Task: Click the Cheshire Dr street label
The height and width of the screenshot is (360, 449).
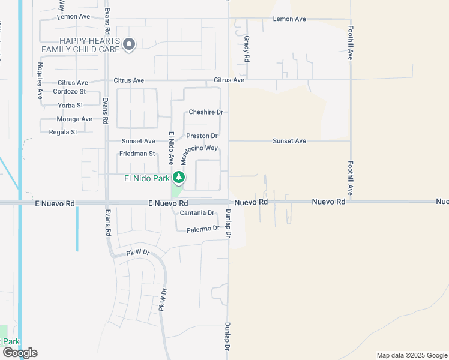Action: pyautogui.click(x=206, y=112)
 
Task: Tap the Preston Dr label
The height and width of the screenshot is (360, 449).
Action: pyautogui.click(x=201, y=136)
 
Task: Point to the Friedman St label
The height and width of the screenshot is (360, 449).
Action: pyautogui.click(x=137, y=154)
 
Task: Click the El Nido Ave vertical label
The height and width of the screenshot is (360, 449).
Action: pyautogui.click(x=171, y=148)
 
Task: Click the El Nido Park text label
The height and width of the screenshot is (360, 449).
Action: pyautogui.click(x=147, y=178)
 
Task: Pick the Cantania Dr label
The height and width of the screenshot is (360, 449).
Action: pyautogui.click(x=197, y=213)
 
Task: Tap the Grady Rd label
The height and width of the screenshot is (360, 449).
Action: pyautogui.click(x=247, y=49)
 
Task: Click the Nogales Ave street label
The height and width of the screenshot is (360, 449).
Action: pyautogui.click(x=40, y=80)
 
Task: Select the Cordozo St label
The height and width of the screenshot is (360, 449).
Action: pyautogui.click(x=70, y=92)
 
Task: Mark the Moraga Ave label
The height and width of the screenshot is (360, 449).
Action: pyautogui.click(x=74, y=119)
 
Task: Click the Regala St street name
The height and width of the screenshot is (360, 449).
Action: pyautogui.click(x=63, y=132)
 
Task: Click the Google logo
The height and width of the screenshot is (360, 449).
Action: pyautogui.click(x=20, y=353)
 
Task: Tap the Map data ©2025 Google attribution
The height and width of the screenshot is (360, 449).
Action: pyautogui.click(x=411, y=355)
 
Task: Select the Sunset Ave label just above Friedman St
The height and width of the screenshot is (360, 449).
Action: pyautogui.click(x=138, y=142)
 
